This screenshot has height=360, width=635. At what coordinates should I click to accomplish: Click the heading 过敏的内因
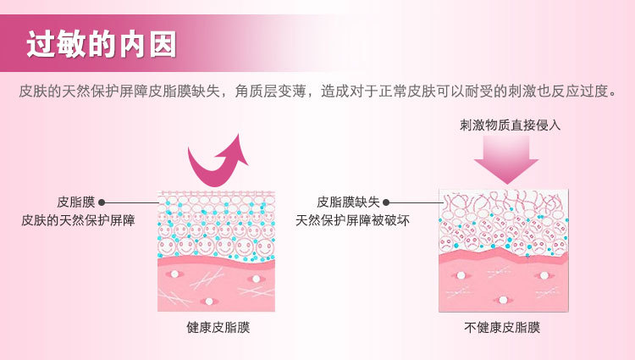pos(101,45)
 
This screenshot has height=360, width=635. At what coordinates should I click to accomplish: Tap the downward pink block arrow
pos(505,158)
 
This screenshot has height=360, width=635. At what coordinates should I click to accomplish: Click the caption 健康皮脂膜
pos(218,327)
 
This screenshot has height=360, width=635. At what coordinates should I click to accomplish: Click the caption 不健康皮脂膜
pos(502,327)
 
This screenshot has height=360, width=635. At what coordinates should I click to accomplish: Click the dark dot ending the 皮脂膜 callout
pos(102,202)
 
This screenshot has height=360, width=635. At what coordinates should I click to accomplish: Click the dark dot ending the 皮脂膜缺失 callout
pos(386,202)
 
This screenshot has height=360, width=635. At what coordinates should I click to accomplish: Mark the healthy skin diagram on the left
pos(217,252)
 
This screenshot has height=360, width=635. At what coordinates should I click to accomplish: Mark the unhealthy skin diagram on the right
pos(503,251)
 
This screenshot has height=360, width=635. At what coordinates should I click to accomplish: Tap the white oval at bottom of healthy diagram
pos(207,300)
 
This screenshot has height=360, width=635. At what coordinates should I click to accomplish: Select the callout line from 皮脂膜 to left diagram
pos(131,202)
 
